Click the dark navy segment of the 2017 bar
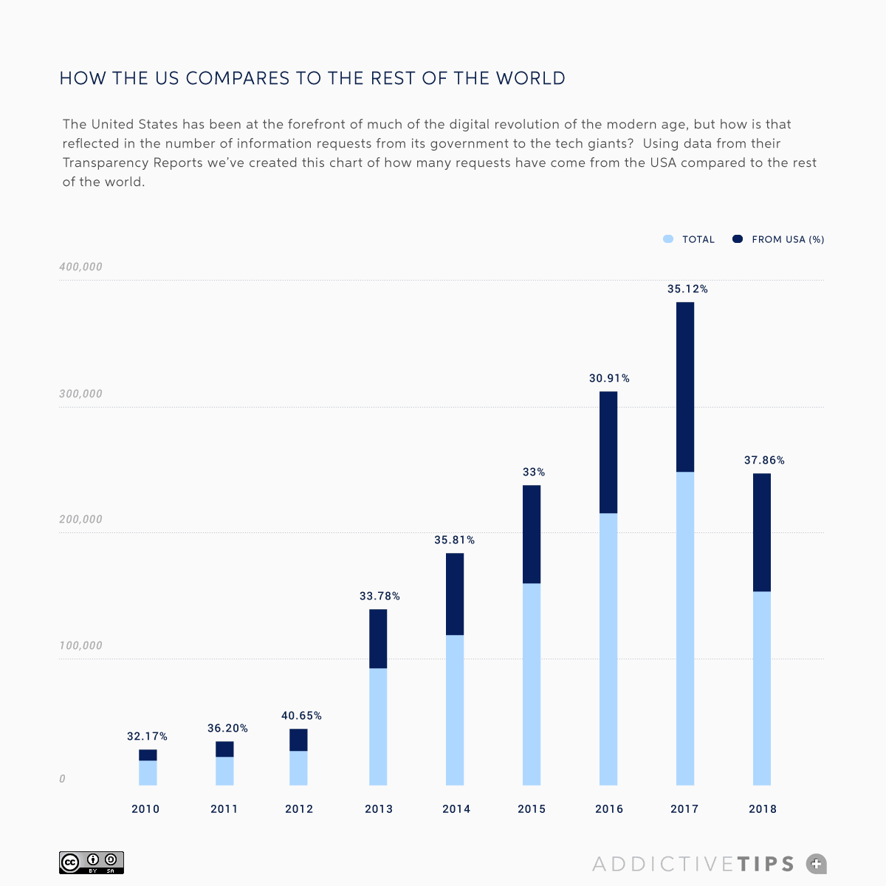pos(685,387)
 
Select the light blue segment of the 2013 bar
pos(378,727)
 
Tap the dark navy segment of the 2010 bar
pos(148,755)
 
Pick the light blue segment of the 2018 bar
pos(762,688)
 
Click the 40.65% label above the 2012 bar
pos(301,715)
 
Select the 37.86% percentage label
pos(764,460)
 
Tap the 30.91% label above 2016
pos(609,378)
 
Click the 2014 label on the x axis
pos(456,809)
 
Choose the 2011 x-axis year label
pos(224,809)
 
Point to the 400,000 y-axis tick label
pos(80,267)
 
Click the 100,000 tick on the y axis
pos(80,645)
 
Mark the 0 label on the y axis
pos(62,779)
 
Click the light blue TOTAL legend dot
pos(668,239)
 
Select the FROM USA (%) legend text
pos(788,239)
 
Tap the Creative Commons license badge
pos(92,862)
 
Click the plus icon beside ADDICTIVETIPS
pos(816,863)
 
